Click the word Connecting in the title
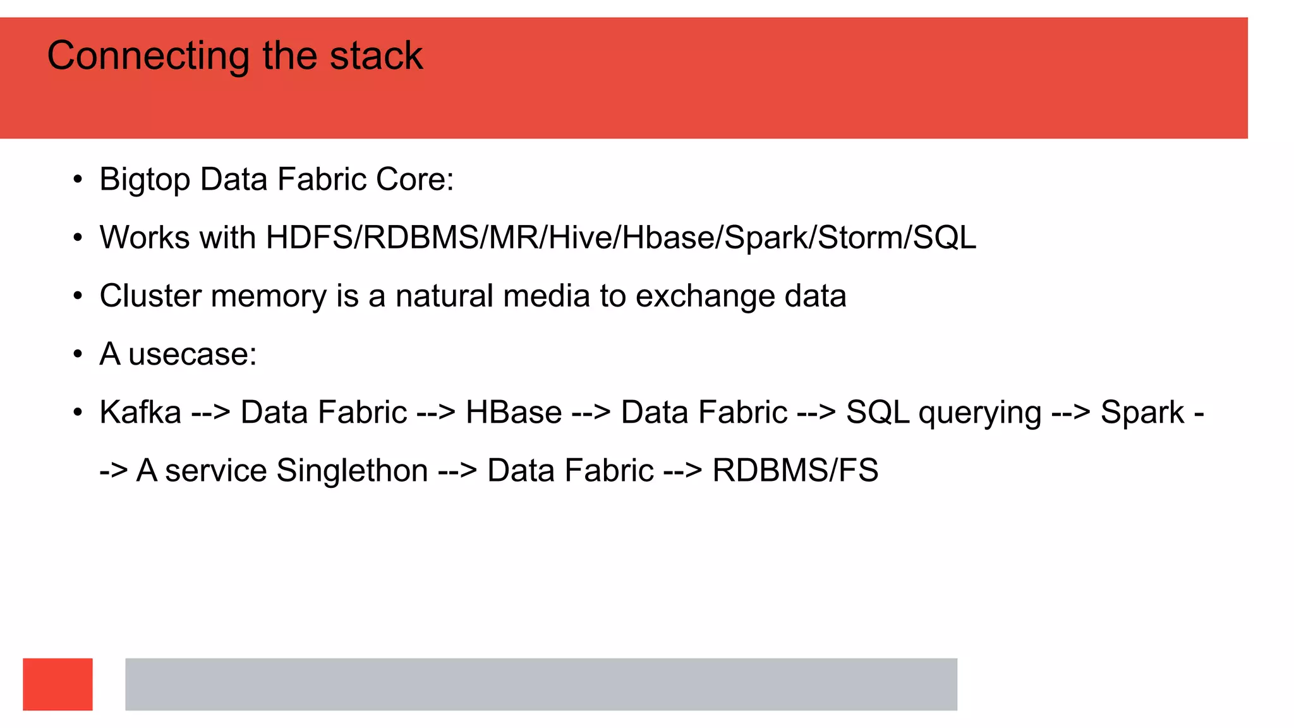pos(148,56)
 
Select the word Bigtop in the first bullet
pos(145,180)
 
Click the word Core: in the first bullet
pos(414,180)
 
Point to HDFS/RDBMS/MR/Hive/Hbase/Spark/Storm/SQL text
pos(621,238)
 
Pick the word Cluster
pos(150,296)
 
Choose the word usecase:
pos(192,355)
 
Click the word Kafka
pos(140,413)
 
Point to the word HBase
pos(514,413)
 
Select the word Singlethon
pos(352,471)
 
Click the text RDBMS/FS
pos(795,471)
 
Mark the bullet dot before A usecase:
pos(78,355)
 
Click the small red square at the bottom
pos(57,684)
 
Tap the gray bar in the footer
pos(541,684)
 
